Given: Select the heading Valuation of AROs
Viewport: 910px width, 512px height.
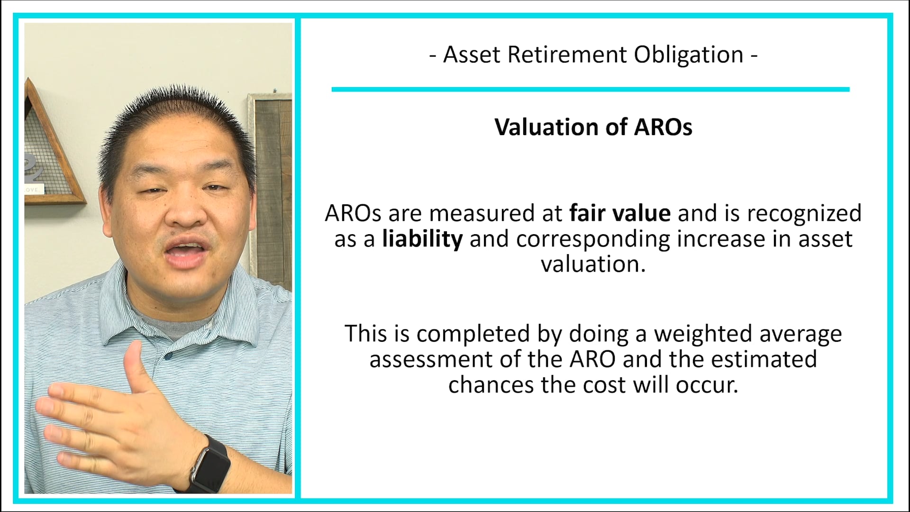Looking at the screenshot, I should click(x=593, y=127).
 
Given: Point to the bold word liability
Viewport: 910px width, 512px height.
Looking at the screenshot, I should click(x=422, y=238).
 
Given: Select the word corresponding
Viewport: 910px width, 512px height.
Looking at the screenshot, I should click(x=593, y=238).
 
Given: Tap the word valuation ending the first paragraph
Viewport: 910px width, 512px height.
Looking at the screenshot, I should click(x=593, y=264).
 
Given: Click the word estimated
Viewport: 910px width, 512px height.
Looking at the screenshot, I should click(x=764, y=359).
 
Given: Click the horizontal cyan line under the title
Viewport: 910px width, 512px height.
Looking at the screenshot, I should click(x=590, y=89).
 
